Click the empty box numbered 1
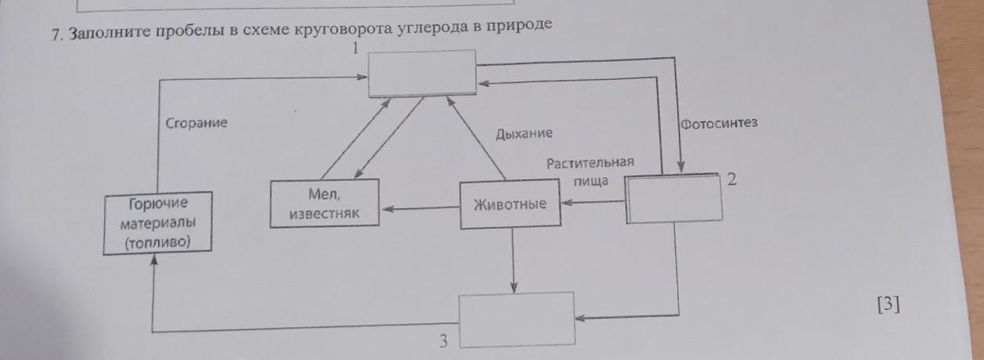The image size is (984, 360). (423, 73)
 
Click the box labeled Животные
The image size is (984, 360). (510, 205)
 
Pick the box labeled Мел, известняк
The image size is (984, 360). (324, 203)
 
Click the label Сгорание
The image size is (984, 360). (196, 123)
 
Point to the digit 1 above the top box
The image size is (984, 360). (354, 49)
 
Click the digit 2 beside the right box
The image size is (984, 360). (731, 180)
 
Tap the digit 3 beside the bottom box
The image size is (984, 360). (443, 340)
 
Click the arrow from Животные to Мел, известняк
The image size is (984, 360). (420, 208)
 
